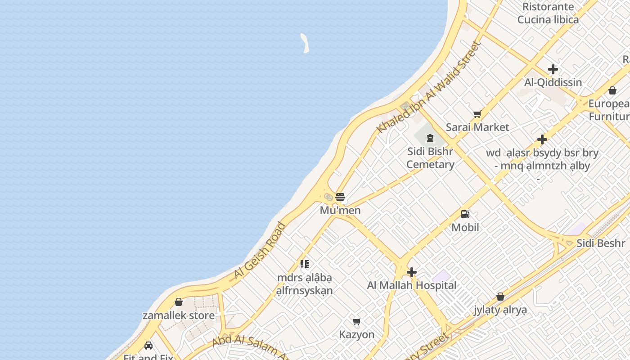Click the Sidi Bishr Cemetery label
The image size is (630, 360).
(x=430, y=158)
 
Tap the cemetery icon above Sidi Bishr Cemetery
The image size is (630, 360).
(x=430, y=138)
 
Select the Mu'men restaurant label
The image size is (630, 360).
(x=340, y=210)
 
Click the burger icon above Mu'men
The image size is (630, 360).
(x=340, y=197)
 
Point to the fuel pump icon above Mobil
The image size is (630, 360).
(x=465, y=214)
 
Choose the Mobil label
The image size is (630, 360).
(x=465, y=227)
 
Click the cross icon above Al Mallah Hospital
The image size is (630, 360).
(x=411, y=272)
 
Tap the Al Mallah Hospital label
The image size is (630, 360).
(x=411, y=285)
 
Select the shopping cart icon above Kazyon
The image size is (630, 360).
(x=357, y=321)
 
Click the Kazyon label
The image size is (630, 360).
(x=357, y=334)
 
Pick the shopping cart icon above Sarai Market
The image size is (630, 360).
(x=477, y=114)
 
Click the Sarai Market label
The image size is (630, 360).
(x=477, y=127)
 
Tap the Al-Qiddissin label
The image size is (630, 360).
(x=553, y=82)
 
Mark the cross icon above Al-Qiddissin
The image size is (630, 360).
(x=553, y=69)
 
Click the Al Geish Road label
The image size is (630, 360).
(x=260, y=251)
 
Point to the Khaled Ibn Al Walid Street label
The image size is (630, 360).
(x=429, y=87)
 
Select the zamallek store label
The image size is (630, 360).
(x=179, y=315)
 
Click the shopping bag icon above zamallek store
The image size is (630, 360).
(x=179, y=302)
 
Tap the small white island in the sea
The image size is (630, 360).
(x=305, y=43)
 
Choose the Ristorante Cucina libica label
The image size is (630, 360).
(x=548, y=13)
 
